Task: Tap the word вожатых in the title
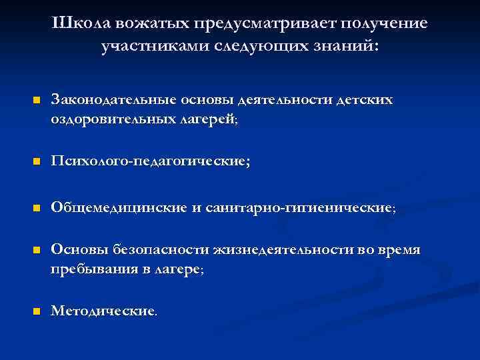153,24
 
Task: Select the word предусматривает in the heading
267,24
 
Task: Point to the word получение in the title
385,24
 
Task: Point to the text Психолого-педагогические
150,162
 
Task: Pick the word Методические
104,311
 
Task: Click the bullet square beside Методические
37,311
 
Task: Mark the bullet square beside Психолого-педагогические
37,162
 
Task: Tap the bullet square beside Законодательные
37,101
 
